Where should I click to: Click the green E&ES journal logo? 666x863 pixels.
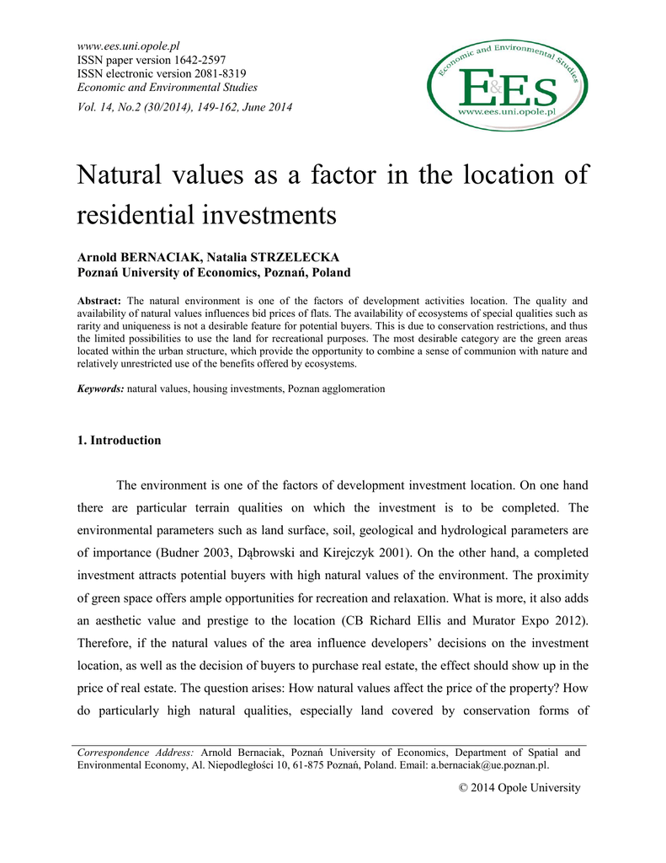[x=506, y=83]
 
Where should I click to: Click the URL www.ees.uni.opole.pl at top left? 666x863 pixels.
[x=129, y=46]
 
